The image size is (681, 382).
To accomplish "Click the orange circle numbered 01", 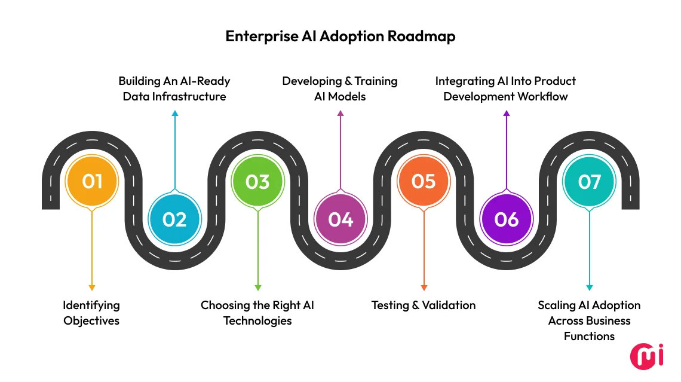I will pos(92,181).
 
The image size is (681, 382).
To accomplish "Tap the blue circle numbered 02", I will pos(174,219).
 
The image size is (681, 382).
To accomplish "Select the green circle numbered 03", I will pos(257,181).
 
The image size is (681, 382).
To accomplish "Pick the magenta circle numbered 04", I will pos(340,219).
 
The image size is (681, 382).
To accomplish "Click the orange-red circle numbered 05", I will pos(424,181).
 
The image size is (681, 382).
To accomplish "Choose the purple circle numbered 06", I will pos(506,219).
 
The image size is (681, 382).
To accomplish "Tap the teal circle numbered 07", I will pos(589,181).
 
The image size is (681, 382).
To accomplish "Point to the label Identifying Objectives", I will pos(91,313).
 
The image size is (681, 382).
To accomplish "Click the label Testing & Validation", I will pos(424,305).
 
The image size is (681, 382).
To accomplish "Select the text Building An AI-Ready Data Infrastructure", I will pos(174,88).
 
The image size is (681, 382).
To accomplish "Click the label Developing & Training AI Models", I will pos(340,88).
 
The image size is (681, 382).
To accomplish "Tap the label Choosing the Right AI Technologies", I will pos(257,313).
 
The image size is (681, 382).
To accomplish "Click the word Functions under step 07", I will pos(589,336).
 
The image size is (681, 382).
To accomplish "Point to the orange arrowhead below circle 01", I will pos(92,288).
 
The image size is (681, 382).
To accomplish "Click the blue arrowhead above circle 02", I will pos(174,113).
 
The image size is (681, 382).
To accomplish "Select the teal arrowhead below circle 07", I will pos(589,288).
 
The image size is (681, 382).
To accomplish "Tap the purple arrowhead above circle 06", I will pos(506,113).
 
